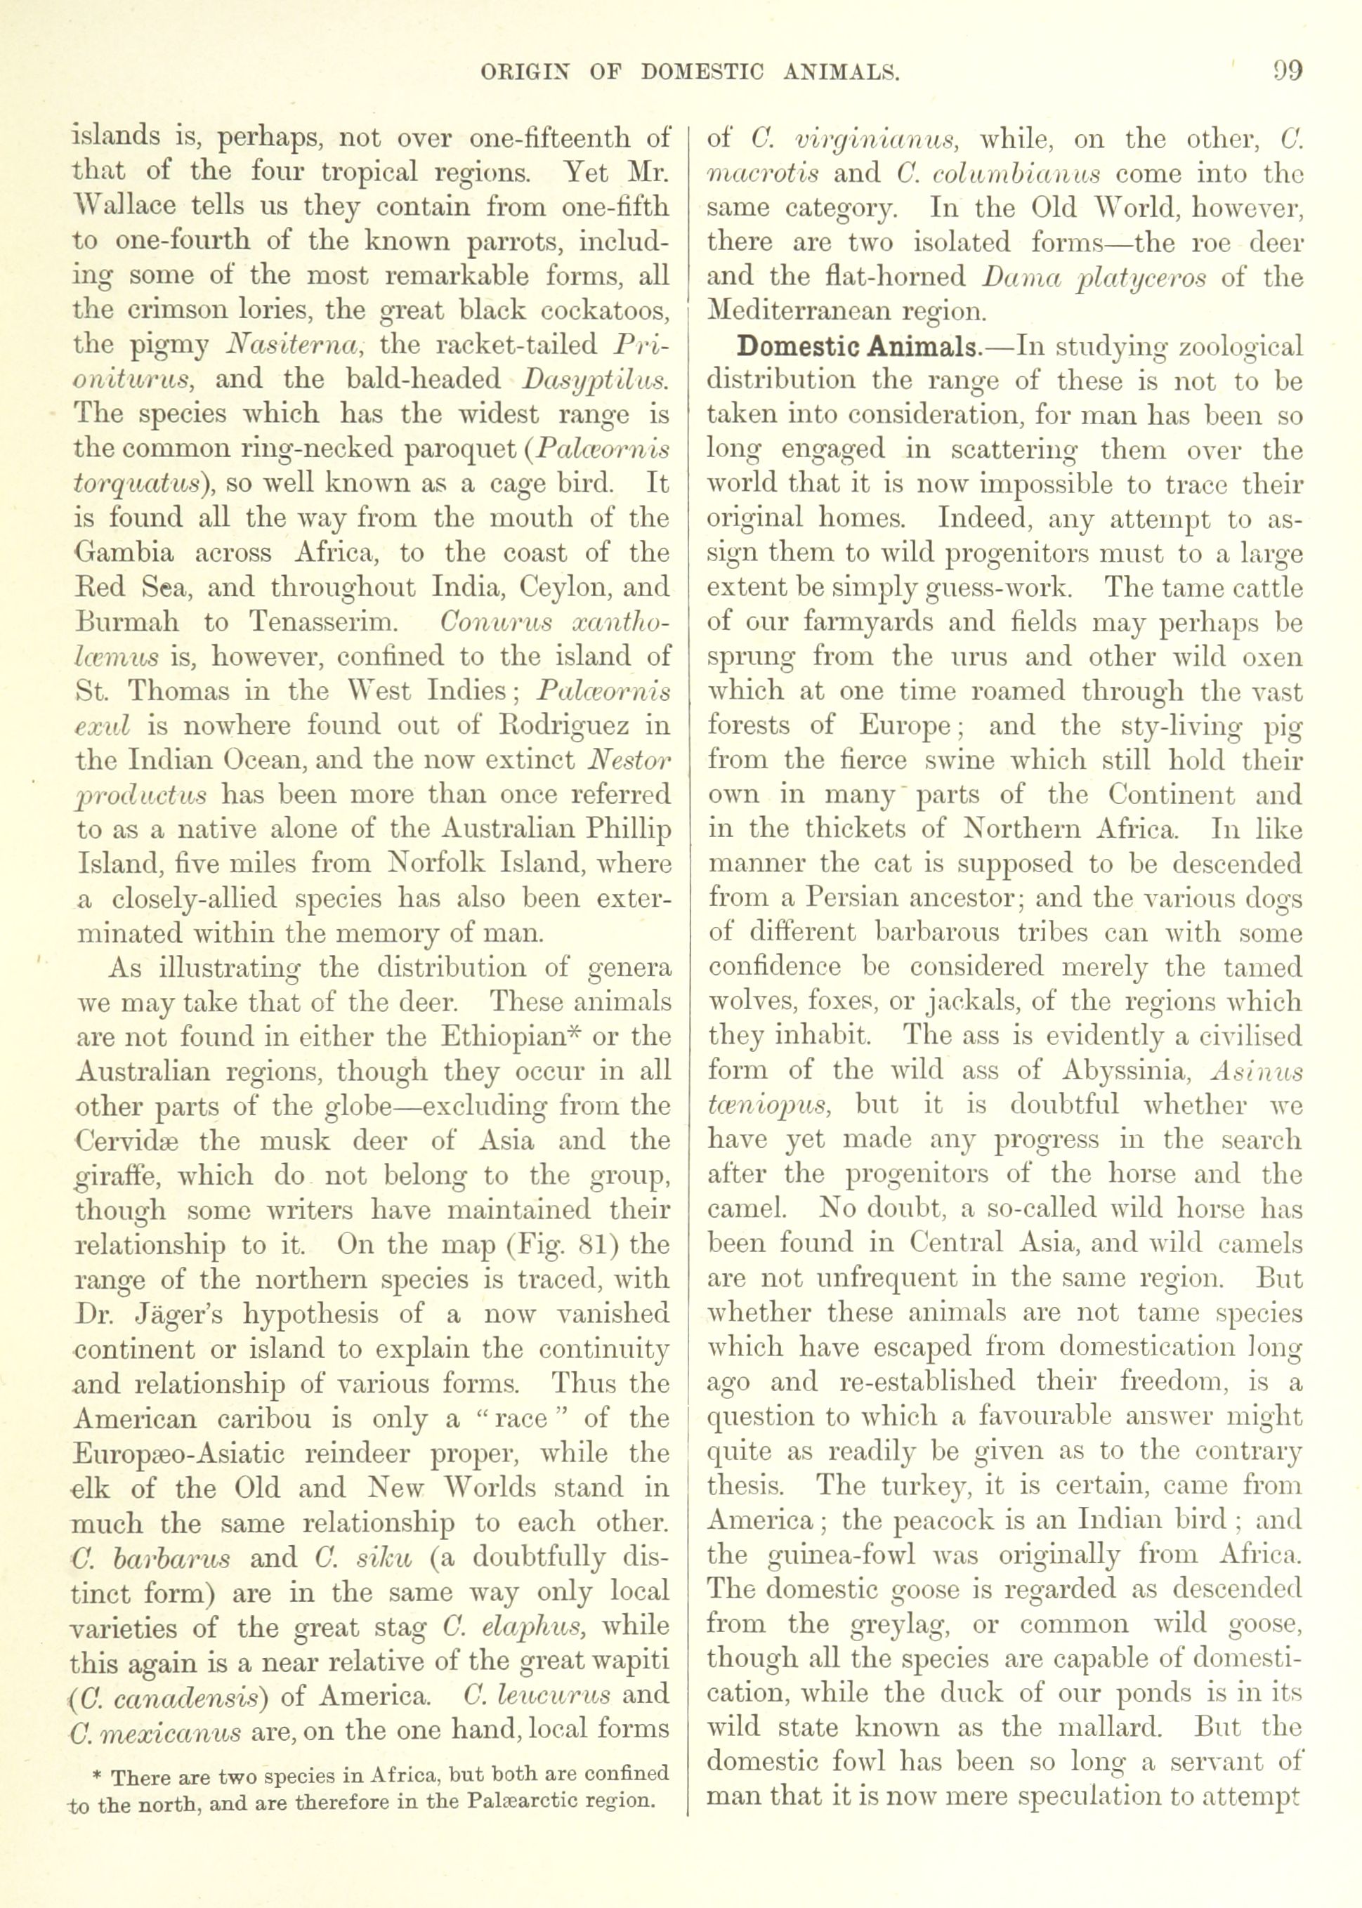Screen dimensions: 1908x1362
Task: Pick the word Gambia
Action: tap(125, 553)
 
